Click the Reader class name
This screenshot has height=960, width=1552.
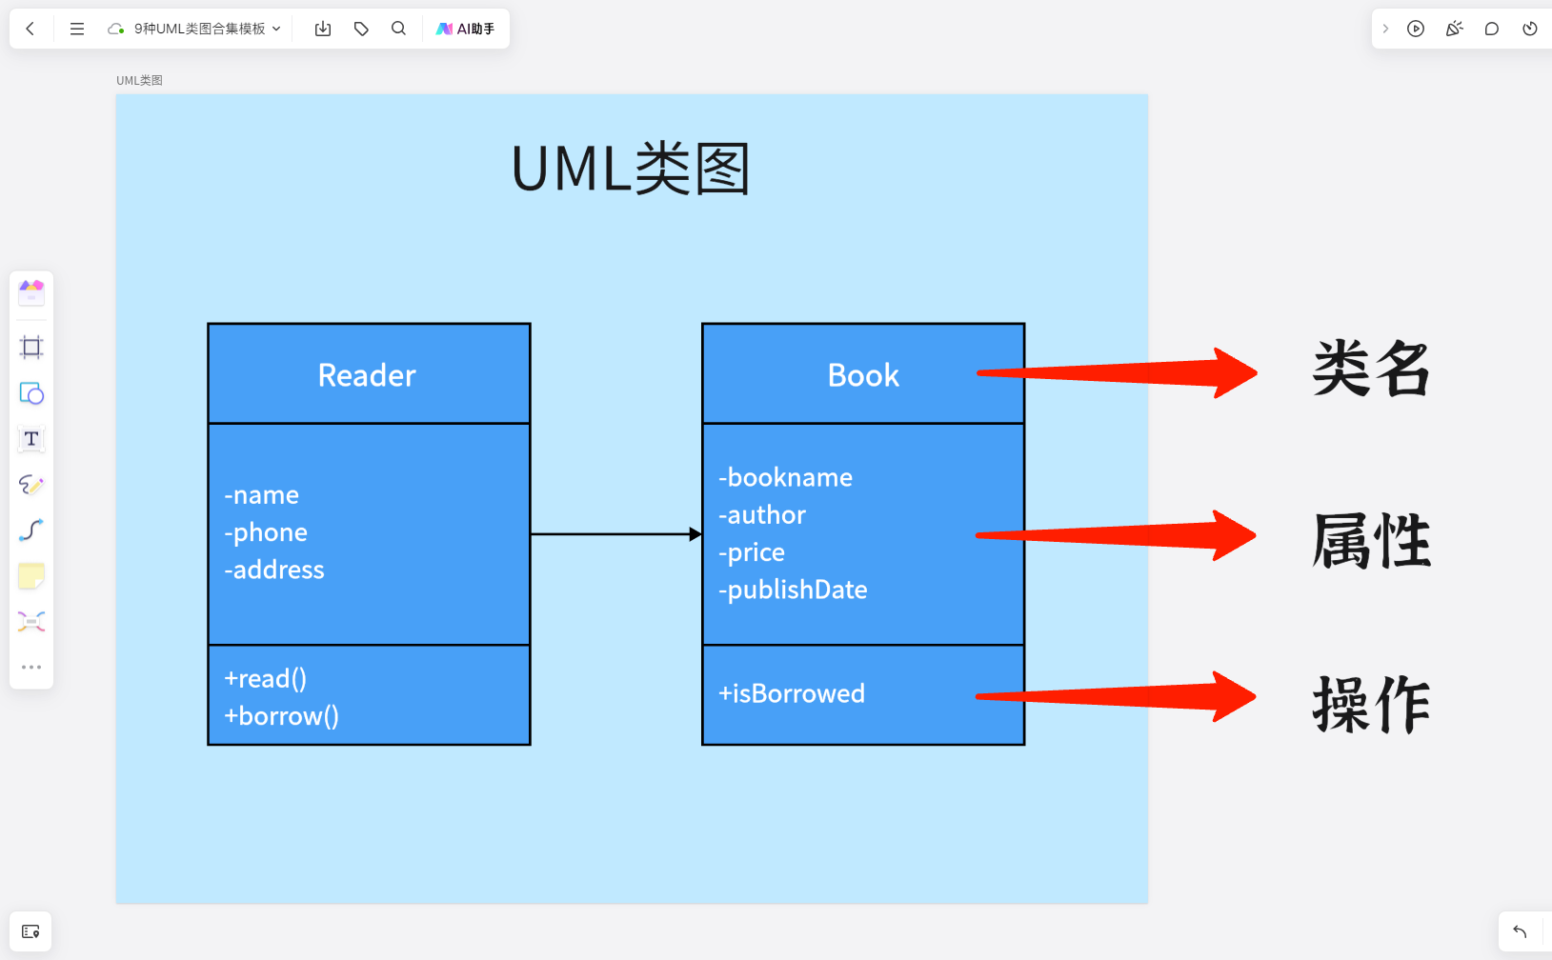(367, 375)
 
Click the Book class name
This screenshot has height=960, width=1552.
(863, 375)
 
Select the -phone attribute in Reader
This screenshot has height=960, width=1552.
(266, 532)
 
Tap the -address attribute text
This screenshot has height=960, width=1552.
(274, 570)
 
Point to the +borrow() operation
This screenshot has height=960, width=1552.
(281, 716)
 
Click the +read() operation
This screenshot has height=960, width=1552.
(265, 679)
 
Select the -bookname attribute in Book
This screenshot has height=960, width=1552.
(785, 477)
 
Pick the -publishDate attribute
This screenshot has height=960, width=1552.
(793, 590)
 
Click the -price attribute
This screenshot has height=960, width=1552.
(752, 552)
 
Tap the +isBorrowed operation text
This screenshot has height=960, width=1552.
(791, 693)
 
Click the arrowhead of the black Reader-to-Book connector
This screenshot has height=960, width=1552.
(695, 534)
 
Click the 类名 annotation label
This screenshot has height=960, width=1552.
(1371, 370)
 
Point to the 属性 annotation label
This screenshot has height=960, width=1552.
(1371, 541)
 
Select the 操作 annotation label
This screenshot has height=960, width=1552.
(1371, 705)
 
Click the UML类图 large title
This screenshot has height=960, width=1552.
(631, 169)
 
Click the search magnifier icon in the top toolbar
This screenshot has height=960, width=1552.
(398, 29)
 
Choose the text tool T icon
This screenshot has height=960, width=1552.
(31, 439)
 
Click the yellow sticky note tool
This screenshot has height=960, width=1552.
(31, 576)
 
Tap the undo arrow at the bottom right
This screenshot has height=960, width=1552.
(1520, 931)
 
